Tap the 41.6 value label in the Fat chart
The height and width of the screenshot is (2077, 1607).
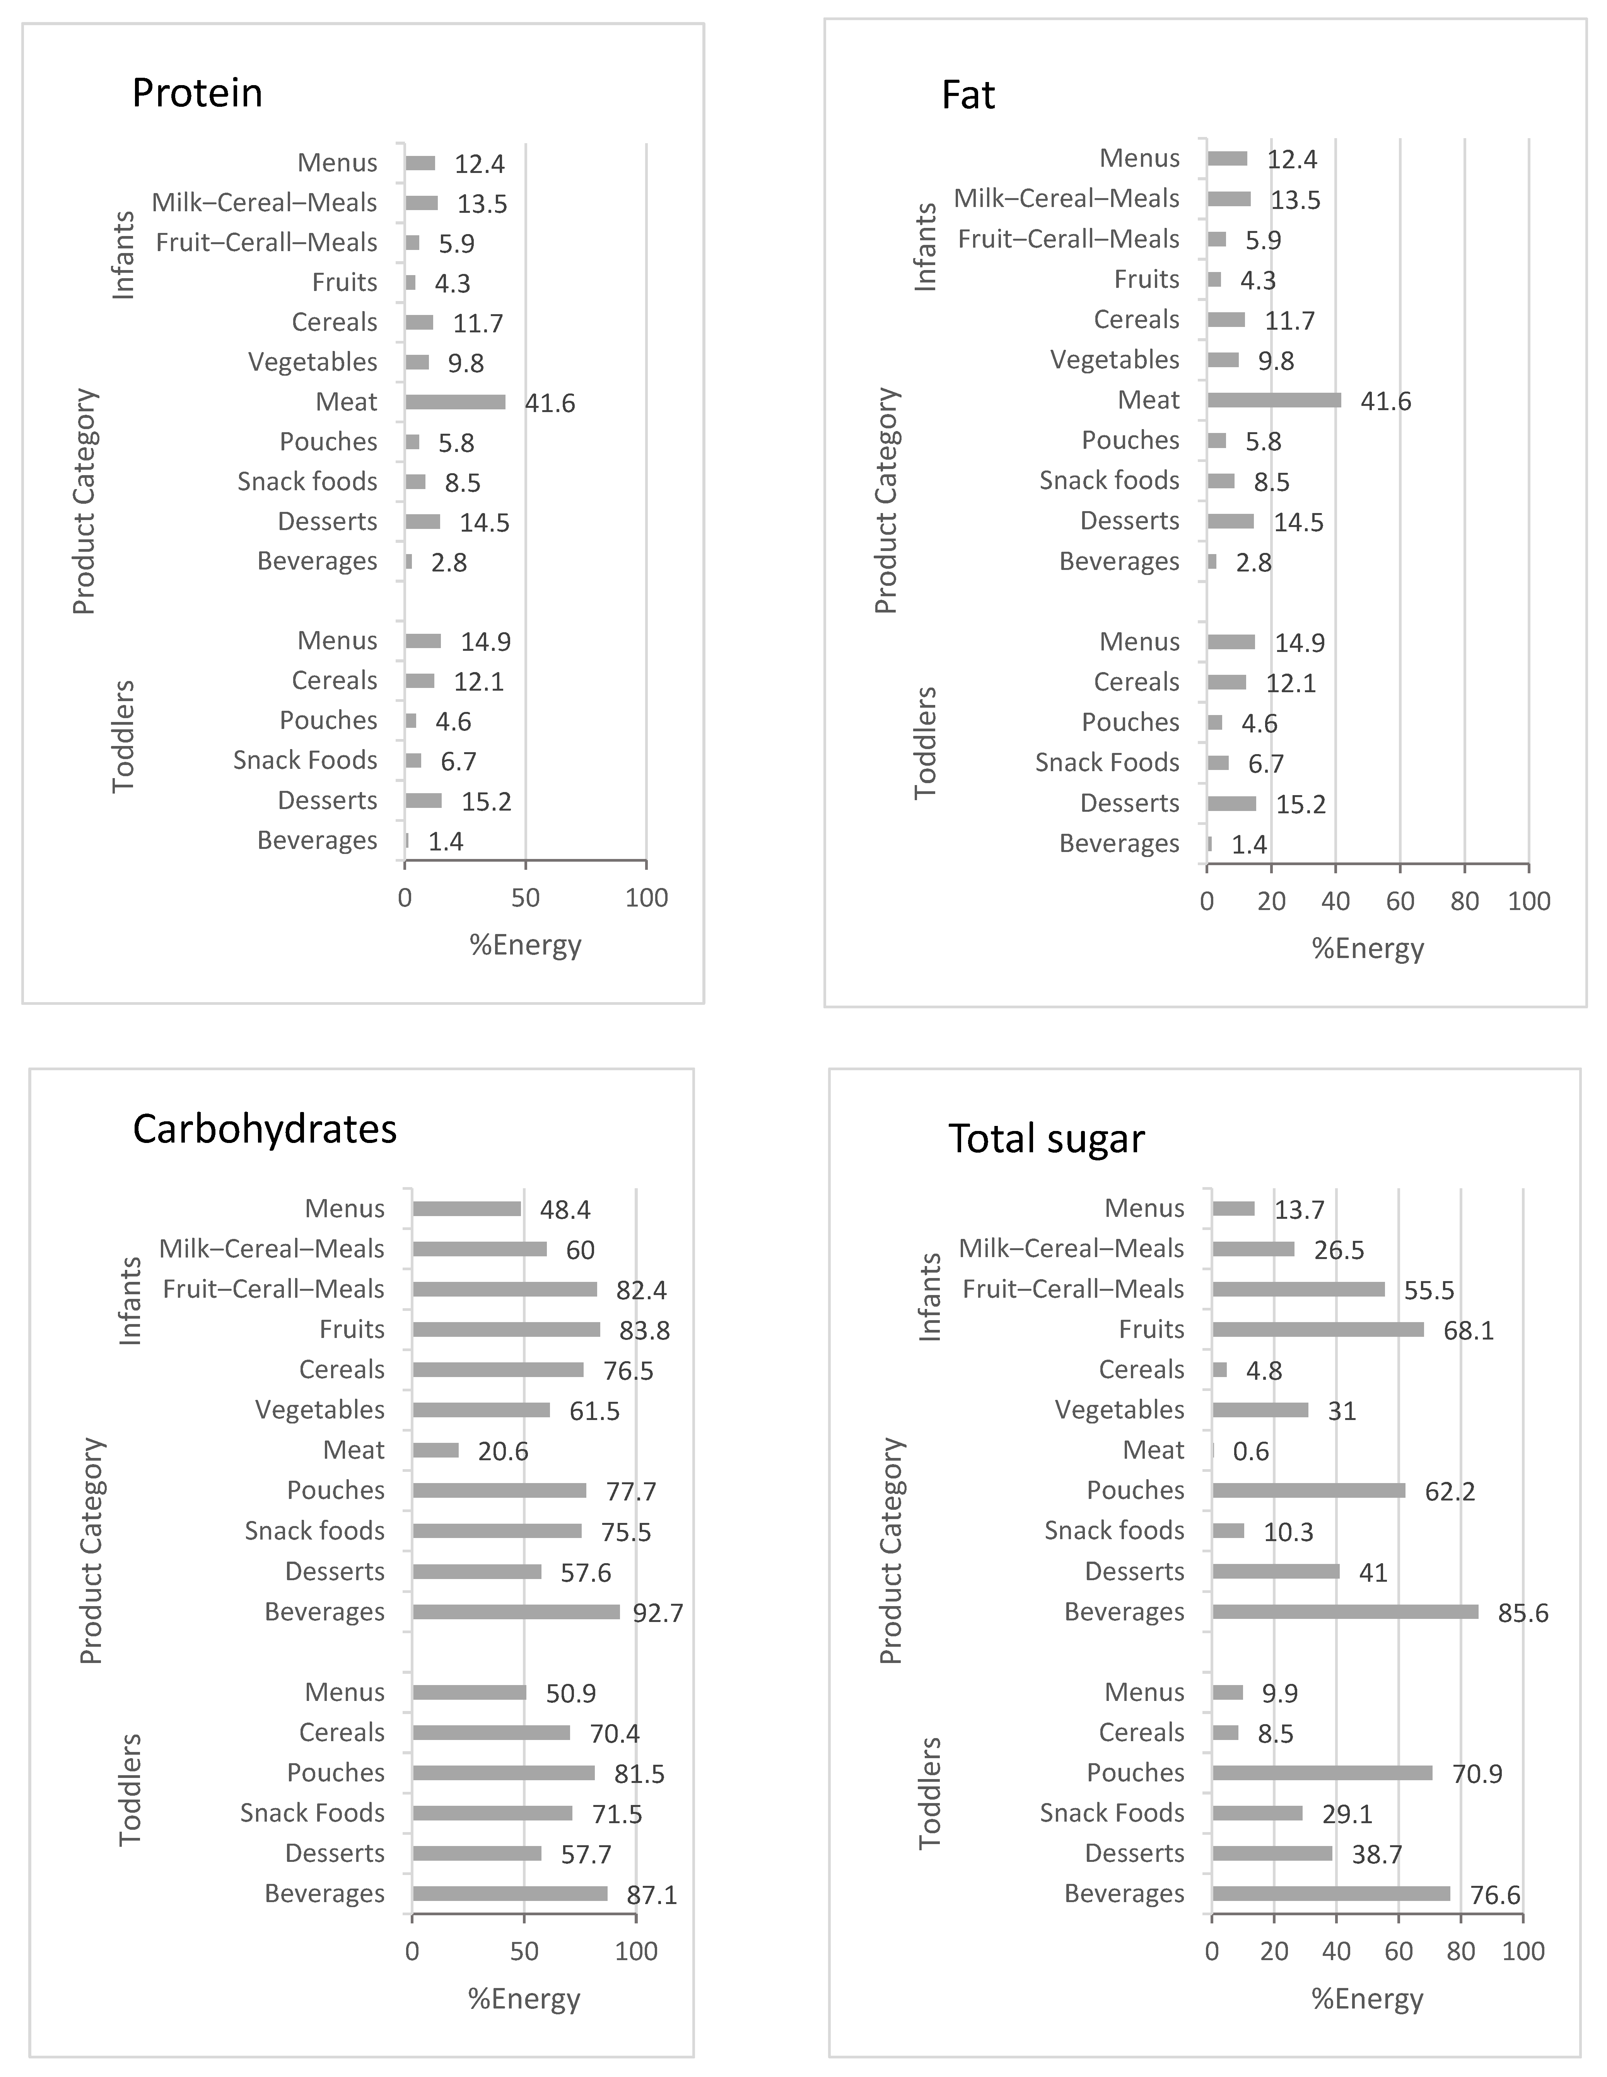point(1385,401)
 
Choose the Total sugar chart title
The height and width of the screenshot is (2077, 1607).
point(1046,1138)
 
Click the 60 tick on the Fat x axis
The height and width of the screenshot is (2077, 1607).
point(1400,902)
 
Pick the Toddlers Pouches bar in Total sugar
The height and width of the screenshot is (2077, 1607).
point(1322,1772)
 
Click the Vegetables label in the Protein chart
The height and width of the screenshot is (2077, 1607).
point(313,362)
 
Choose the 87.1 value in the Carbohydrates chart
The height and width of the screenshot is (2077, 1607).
point(651,1896)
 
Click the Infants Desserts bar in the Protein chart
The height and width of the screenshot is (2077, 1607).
point(422,521)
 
